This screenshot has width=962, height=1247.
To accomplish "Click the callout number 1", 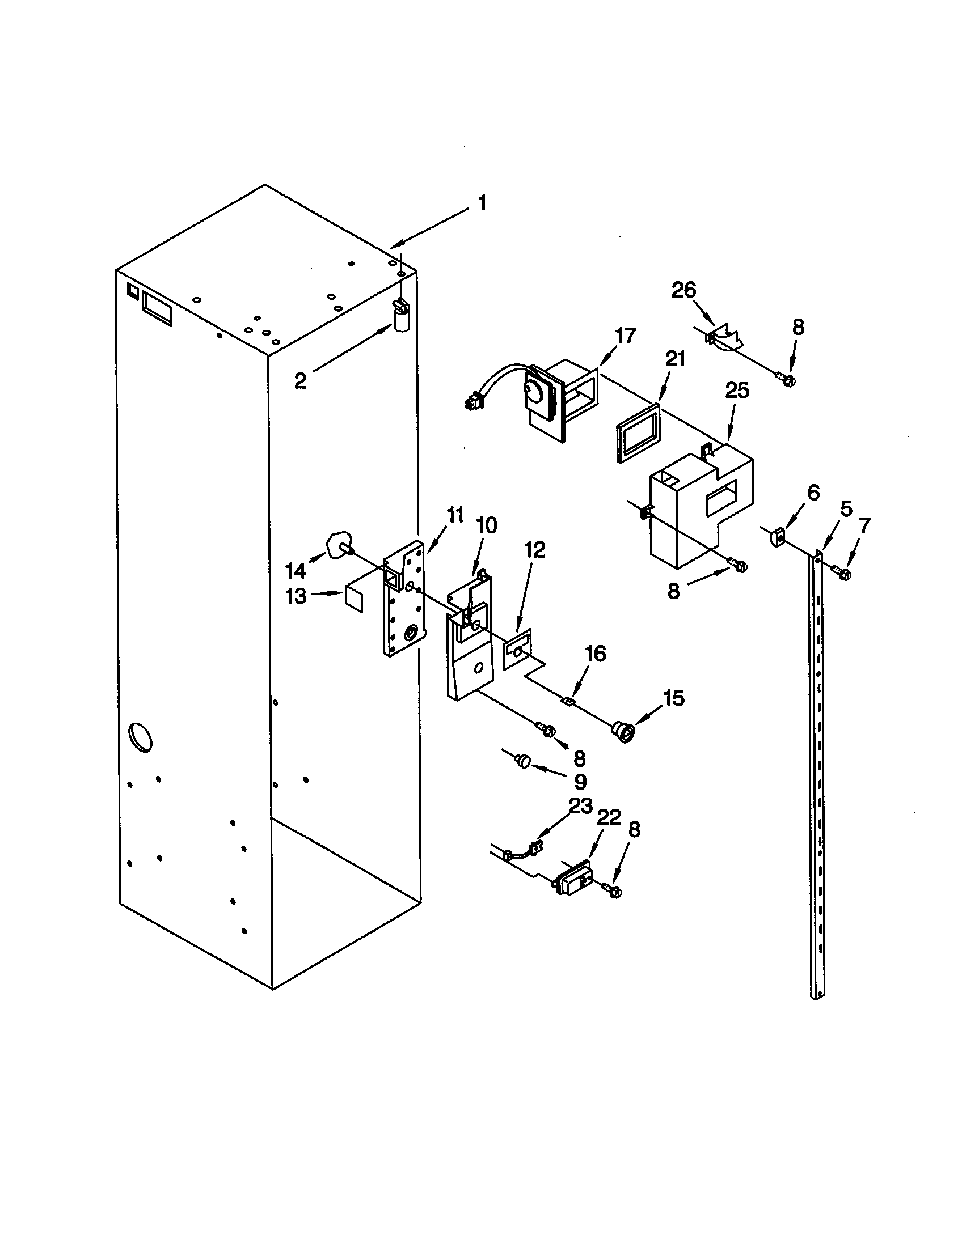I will pos(483,203).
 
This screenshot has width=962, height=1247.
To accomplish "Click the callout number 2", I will pos(301,381).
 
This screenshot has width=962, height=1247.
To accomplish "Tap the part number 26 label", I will pos(684,291).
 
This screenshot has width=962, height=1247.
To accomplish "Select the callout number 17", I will pos(626,336).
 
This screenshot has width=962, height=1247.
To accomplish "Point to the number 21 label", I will pos(674,359).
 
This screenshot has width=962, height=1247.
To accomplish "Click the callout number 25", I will pos(737,391).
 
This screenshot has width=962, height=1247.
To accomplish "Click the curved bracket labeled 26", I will pos(726,337).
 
